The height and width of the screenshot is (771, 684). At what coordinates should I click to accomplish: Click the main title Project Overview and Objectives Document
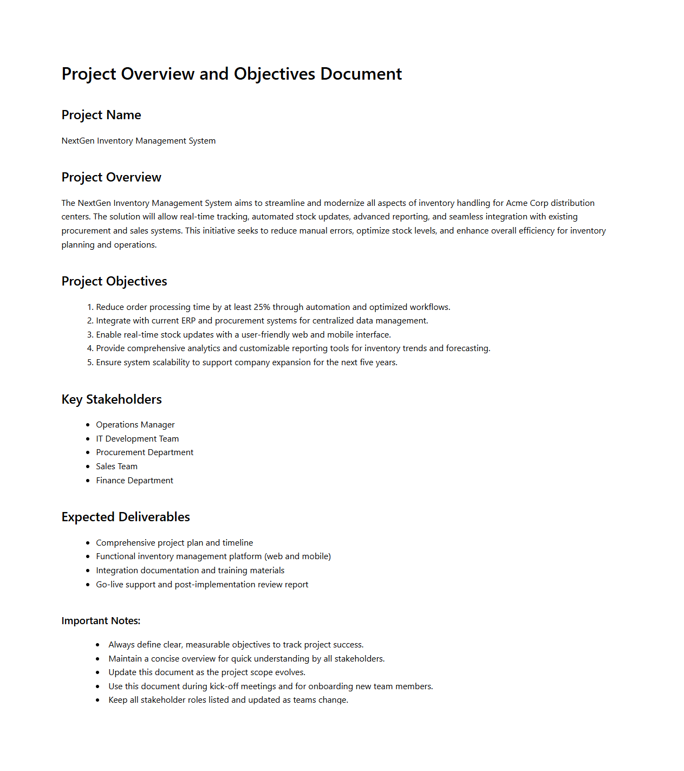pyautogui.click(x=231, y=74)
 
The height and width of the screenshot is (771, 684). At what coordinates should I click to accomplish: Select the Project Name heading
pyautogui.click(x=101, y=115)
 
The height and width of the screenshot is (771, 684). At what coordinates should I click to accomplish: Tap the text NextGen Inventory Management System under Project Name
pyautogui.click(x=138, y=141)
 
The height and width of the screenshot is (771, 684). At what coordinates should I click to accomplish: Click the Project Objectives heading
pyautogui.click(x=114, y=281)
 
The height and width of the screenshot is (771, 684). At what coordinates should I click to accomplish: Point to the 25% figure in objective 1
pyautogui.click(x=262, y=307)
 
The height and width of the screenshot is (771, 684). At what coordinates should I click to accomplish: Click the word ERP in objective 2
pyautogui.click(x=188, y=321)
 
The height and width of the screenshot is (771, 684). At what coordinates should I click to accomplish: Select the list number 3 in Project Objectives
pyautogui.click(x=90, y=335)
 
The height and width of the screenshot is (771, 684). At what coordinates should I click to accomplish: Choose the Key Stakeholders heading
pyautogui.click(x=112, y=399)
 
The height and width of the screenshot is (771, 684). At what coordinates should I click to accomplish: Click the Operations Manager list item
pyautogui.click(x=135, y=425)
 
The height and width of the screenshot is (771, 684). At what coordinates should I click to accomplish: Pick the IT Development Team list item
pyautogui.click(x=137, y=439)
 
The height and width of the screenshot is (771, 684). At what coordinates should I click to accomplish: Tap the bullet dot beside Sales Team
pyautogui.click(x=88, y=467)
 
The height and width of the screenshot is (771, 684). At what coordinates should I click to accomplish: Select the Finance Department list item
pyautogui.click(x=134, y=481)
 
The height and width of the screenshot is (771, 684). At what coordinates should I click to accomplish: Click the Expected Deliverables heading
pyautogui.click(x=126, y=517)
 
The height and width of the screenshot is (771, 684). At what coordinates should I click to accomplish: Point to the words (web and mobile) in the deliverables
pyautogui.click(x=297, y=556)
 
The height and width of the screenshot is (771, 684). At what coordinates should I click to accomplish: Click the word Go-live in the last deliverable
pyautogui.click(x=109, y=585)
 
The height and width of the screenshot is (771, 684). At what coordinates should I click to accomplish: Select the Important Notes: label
pyautogui.click(x=101, y=621)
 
